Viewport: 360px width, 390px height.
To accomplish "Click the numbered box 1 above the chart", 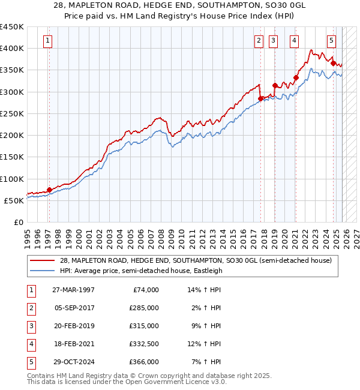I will pyautogui.click(x=47, y=41).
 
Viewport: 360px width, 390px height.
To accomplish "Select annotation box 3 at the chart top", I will pyautogui.click(x=273, y=41).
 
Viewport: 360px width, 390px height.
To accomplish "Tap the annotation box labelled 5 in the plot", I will pyautogui.click(x=332, y=41).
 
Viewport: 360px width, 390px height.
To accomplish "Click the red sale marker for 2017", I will pyautogui.click(x=260, y=98).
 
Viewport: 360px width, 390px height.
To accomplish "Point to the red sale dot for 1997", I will pyautogui.click(x=49, y=190).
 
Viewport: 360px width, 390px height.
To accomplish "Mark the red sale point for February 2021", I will pyautogui.click(x=296, y=77).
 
